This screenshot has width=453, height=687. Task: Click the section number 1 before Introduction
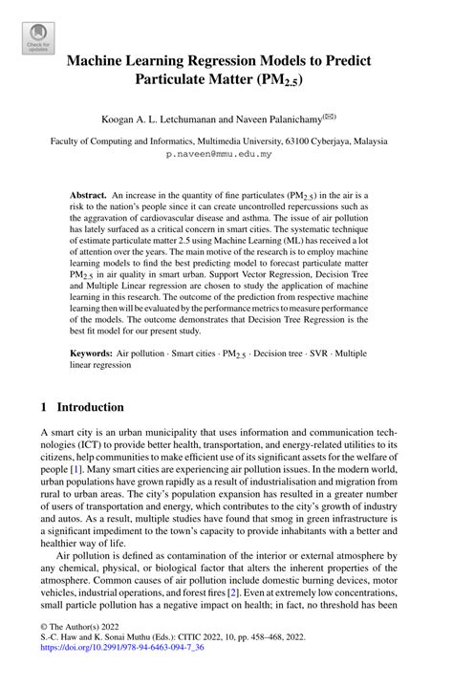pyautogui.click(x=45, y=406)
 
